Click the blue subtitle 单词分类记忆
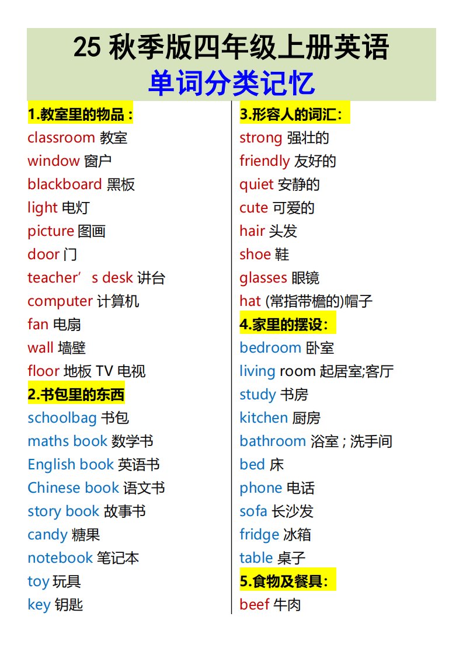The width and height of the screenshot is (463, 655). (231, 83)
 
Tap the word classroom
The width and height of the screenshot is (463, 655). (61, 138)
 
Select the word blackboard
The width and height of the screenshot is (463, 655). (64, 184)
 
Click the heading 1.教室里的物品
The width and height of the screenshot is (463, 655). (81, 114)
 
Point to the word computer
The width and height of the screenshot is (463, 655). (60, 301)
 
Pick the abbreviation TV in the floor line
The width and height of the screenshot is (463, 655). (104, 371)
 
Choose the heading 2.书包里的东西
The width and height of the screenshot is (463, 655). (76, 395)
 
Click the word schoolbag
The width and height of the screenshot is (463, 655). (62, 418)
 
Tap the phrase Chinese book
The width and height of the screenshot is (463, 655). (73, 488)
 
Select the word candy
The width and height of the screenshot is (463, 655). (47, 535)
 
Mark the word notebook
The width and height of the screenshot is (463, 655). (60, 558)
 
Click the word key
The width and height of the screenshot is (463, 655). (39, 605)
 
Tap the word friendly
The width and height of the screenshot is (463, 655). (264, 161)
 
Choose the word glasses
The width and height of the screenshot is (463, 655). (263, 278)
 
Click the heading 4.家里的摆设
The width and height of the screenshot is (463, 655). (288, 325)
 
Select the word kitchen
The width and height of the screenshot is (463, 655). (263, 418)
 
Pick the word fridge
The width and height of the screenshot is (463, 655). (259, 535)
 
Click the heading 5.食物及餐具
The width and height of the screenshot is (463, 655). (288, 581)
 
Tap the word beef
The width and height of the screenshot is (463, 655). (254, 605)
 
